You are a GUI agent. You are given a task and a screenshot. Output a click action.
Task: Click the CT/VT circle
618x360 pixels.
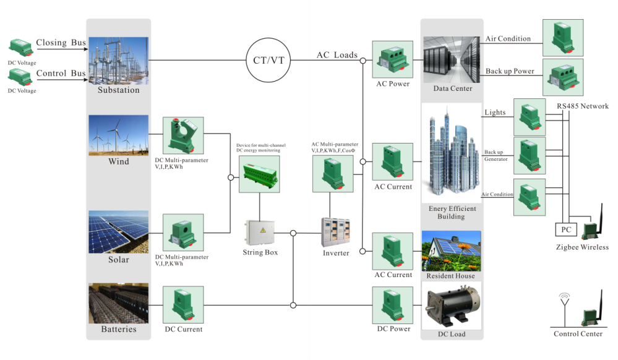pos(269,60)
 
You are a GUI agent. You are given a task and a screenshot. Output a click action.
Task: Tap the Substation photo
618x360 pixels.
pos(118,60)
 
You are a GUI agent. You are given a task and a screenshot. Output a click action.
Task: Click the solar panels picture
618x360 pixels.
pos(118,232)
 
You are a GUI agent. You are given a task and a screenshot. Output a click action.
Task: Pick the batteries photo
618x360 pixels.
pos(118,303)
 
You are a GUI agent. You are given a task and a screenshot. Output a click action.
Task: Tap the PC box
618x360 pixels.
pos(566,230)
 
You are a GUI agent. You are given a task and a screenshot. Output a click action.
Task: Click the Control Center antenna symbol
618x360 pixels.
pos(564,301)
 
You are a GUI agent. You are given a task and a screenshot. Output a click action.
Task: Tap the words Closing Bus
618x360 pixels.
pos(61,43)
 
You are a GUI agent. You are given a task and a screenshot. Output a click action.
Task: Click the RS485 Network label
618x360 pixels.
pos(582,106)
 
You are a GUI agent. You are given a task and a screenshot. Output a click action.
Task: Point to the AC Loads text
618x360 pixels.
pos(337,55)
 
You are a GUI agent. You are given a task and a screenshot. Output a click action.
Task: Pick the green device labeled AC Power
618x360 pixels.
pos(393,59)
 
